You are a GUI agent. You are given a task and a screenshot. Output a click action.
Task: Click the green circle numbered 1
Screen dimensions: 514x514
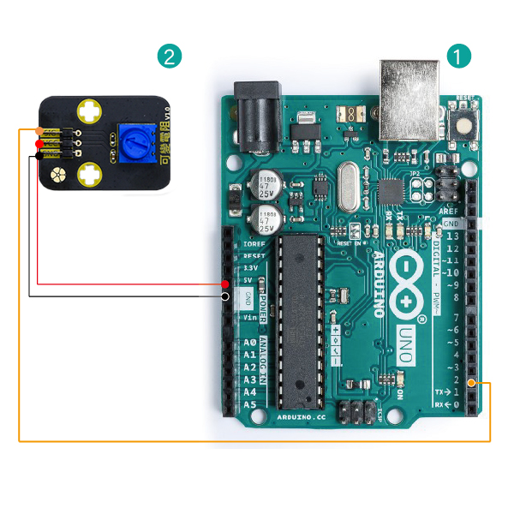tap(459, 57)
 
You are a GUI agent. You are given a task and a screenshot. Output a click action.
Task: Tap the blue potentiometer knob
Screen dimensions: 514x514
tap(130, 140)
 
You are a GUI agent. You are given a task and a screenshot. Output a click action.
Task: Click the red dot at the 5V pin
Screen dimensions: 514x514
tap(224, 284)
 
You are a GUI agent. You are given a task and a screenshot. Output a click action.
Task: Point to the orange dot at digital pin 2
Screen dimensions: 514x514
tap(482, 384)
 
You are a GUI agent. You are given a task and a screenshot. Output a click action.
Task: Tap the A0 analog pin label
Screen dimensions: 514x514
tap(250, 343)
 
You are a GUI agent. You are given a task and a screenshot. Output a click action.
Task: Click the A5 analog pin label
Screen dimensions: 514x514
tap(250, 403)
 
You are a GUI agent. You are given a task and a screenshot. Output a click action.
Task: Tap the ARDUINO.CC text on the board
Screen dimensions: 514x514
tap(302, 416)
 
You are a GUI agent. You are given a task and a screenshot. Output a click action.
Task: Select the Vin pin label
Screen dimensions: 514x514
tap(251, 317)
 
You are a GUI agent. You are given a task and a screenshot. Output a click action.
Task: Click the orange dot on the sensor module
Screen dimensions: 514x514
tap(39, 131)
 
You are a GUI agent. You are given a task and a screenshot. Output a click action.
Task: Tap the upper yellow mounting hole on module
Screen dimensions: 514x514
tap(90, 111)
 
